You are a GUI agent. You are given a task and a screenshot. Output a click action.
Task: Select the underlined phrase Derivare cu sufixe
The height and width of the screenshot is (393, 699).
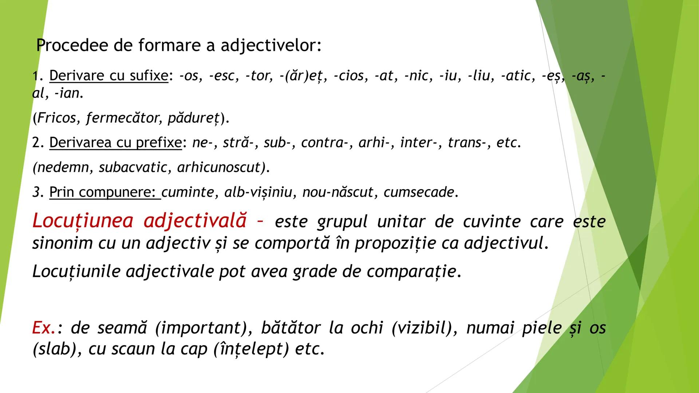108,76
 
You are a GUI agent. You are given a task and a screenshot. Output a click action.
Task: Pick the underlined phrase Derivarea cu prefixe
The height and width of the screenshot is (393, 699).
115,143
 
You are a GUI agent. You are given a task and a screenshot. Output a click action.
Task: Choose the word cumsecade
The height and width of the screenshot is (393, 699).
419,192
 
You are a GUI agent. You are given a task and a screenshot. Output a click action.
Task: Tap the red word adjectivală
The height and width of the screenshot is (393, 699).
195,221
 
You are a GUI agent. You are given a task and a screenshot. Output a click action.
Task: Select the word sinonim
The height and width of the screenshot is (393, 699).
62,243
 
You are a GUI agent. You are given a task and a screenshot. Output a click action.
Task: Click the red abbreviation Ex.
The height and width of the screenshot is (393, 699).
43,328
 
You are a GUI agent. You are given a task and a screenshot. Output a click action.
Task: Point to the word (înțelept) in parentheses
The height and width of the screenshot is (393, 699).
251,349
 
